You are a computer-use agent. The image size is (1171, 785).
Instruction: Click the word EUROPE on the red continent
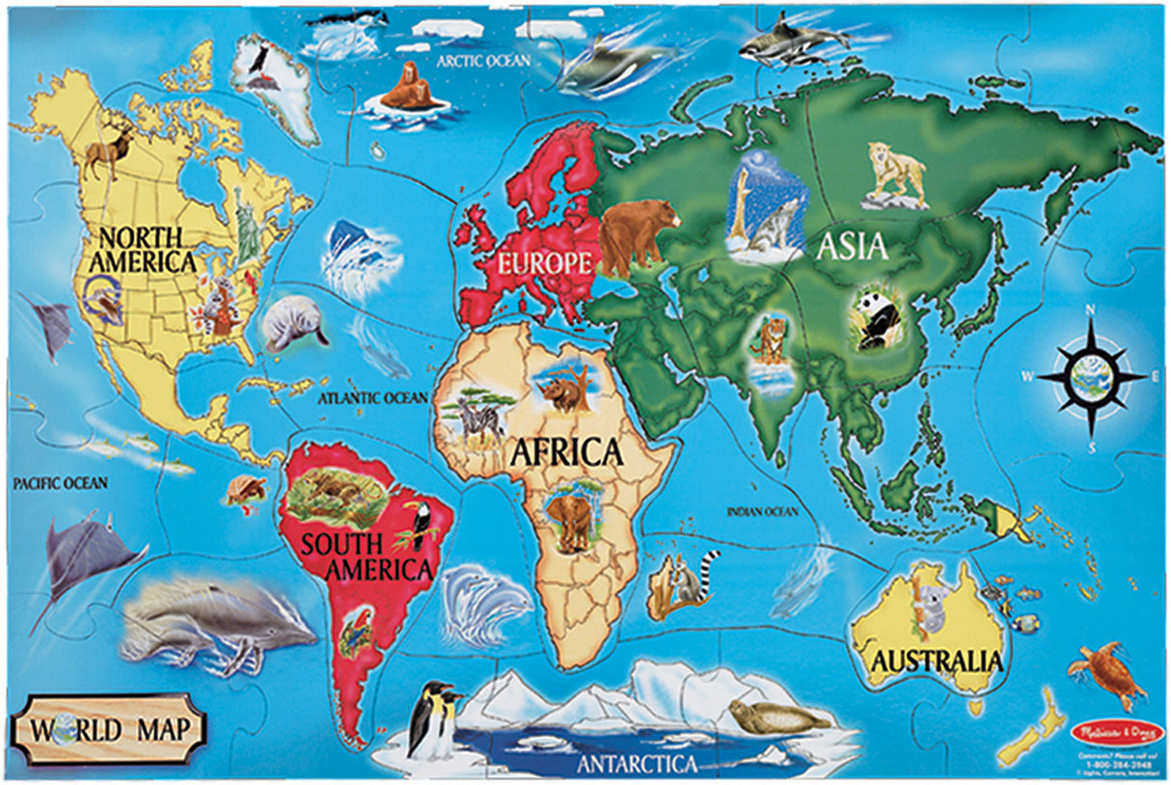pyautogui.click(x=543, y=261)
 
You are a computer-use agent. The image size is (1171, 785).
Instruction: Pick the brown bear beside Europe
pyautogui.click(x=637, y=233)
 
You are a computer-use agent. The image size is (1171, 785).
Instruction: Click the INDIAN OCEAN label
pyautogui.click(x=763, y=511)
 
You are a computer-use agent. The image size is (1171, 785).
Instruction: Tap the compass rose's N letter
pyautogui.click(x=1091, y=310)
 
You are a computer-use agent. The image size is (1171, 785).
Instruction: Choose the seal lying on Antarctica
pyautogui.click(x=777, y=716)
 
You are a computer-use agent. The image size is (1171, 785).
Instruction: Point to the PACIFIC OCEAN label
pyautogui.click(x=60, y=481)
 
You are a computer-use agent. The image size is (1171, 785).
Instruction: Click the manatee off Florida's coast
pyautogui.click(x=292, y=323)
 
